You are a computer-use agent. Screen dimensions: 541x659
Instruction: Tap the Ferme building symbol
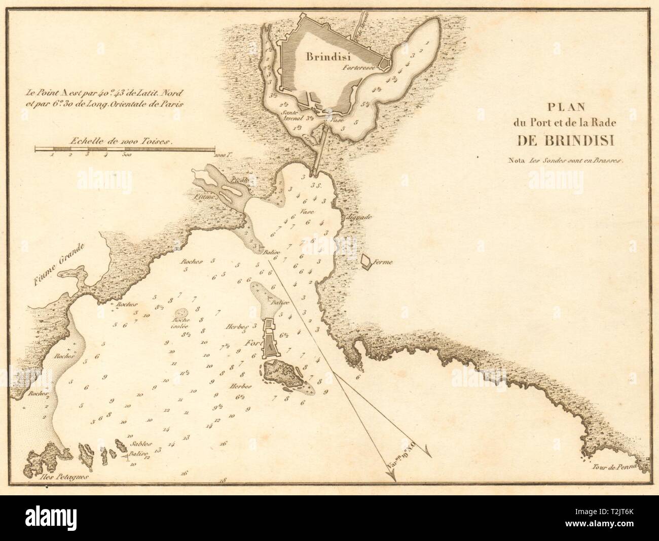[x=365, y=261]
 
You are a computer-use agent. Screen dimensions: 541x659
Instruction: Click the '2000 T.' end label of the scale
[x=222, y=155]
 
